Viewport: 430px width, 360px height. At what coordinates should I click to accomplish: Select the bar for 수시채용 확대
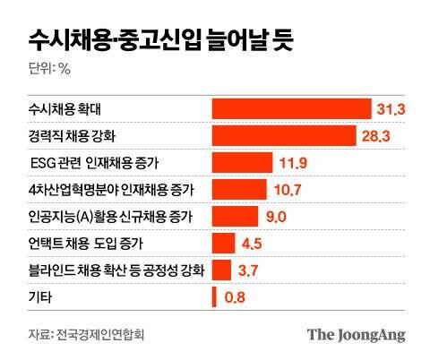[x=290, y=108]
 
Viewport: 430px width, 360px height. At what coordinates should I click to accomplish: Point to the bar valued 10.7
[x=239, y=189]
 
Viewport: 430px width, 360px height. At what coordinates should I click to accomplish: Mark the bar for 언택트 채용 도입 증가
[x=223, y=243]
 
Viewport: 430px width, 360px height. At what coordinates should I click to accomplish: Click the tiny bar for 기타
[x=214, y=296]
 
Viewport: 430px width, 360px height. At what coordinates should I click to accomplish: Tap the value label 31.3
[x=391, y=108]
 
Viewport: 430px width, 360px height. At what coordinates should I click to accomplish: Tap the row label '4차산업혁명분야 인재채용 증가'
[x=112, y=190]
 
